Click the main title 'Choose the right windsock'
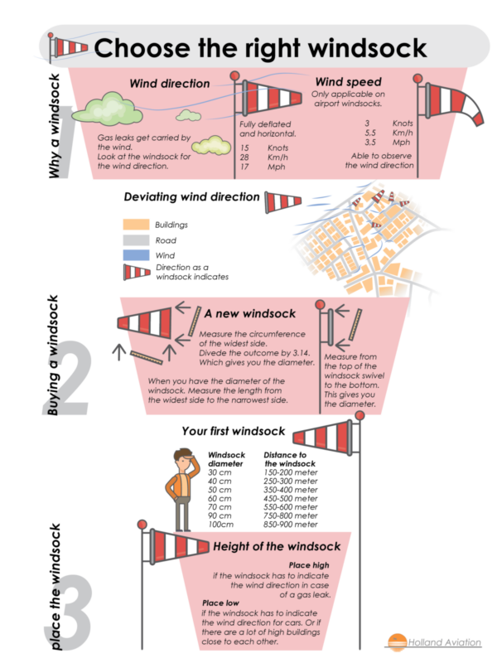pos(261,48)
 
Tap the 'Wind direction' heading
pos(169,84)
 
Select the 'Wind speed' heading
pos(348,82)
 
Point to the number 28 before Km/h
pos(245,157)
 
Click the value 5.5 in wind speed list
pos(371,133)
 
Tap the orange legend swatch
pos(136,225)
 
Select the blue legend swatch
pos(136,255)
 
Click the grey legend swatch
pos(136,240)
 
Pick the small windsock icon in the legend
pos(136,272)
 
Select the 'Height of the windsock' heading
pos(277,547)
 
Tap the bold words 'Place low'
pos(222,603)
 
